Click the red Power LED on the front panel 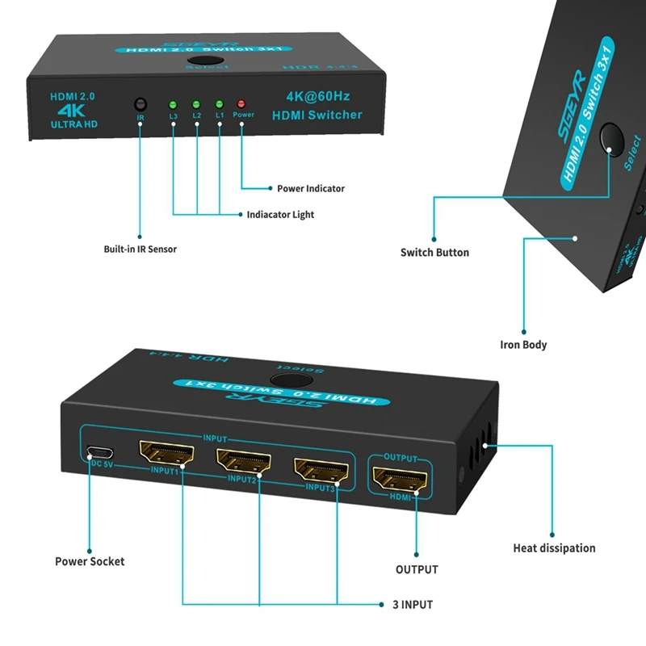[241, 104]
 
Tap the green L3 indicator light [173, 104]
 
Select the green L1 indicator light [219, 104]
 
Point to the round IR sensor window [141, 104]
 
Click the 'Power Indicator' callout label [310, 189]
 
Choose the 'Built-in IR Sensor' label [140, 249]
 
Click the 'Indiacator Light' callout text [280, 215]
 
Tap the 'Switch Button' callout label [434, 253]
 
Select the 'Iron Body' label [523, 345]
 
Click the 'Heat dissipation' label [554, 548]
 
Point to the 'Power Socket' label [90, 561]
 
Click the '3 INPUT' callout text [413, 604]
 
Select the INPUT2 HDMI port [242, 460]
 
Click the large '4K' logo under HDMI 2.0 [72, 109]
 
